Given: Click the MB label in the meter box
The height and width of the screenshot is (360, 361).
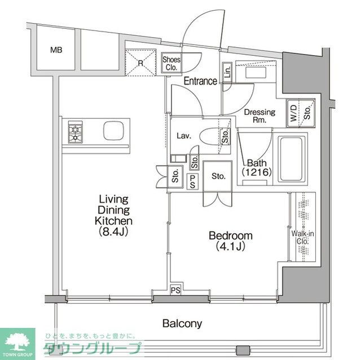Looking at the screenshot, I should point(56,50).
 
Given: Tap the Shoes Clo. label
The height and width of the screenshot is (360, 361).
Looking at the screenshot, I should point(170,63).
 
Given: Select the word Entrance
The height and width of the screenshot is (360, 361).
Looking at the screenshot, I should point(200,81).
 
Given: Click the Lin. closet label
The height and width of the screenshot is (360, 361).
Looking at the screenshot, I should point(227,72).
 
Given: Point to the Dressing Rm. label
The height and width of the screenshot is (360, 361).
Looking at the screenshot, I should point(259,115).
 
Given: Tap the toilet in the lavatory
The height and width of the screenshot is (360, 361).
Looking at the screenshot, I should point(215,136).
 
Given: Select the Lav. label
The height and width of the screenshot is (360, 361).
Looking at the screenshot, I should point(183,136).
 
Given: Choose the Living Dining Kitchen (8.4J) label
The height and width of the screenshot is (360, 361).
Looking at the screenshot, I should point(113,215).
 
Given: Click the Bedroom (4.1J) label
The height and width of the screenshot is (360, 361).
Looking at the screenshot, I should point(230,241).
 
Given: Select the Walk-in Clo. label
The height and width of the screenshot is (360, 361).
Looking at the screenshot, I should point(299,238).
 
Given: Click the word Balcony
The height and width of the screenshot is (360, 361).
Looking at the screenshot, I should point(182,323).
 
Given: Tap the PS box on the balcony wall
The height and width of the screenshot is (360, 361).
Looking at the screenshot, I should point(177,290).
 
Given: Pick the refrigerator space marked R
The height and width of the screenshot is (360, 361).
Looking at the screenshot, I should point(140,62).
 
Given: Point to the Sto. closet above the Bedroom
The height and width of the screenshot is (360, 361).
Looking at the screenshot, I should point(219,176).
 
